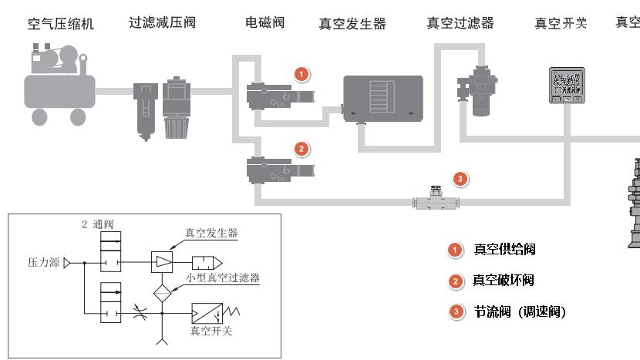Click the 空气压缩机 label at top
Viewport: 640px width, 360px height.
point(61,24)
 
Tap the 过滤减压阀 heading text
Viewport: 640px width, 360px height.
point(163,22)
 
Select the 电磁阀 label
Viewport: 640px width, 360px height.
point(264,22)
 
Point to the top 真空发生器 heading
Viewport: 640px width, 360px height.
point(352,24)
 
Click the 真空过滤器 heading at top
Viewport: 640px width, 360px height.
point(460,22)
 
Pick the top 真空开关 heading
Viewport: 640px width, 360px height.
point(561,22)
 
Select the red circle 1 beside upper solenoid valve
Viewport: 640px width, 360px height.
point(302,74)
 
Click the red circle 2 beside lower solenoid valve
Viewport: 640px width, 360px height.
point(302,148)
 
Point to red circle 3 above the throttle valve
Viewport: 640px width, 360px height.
point(460,179)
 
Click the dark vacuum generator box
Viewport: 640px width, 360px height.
point(382,96)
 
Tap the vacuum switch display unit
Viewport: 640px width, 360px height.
point(566,85)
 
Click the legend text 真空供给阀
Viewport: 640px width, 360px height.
point(526,250)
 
